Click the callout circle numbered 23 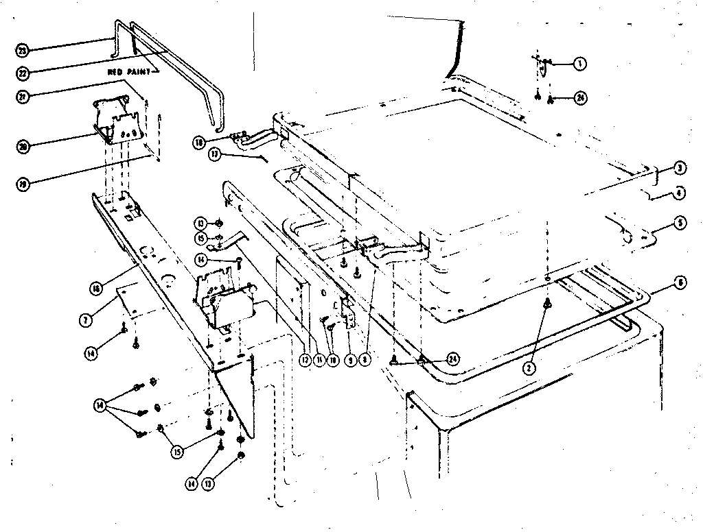[x=22, y=50]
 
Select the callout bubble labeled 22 [x=22, y=71]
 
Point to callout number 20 [x=22, y=145]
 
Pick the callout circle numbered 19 [x=22, y=184]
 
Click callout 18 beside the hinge [x=198, y=143]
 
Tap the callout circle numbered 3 [x=678, y=168]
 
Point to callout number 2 [x=529, y=367]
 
